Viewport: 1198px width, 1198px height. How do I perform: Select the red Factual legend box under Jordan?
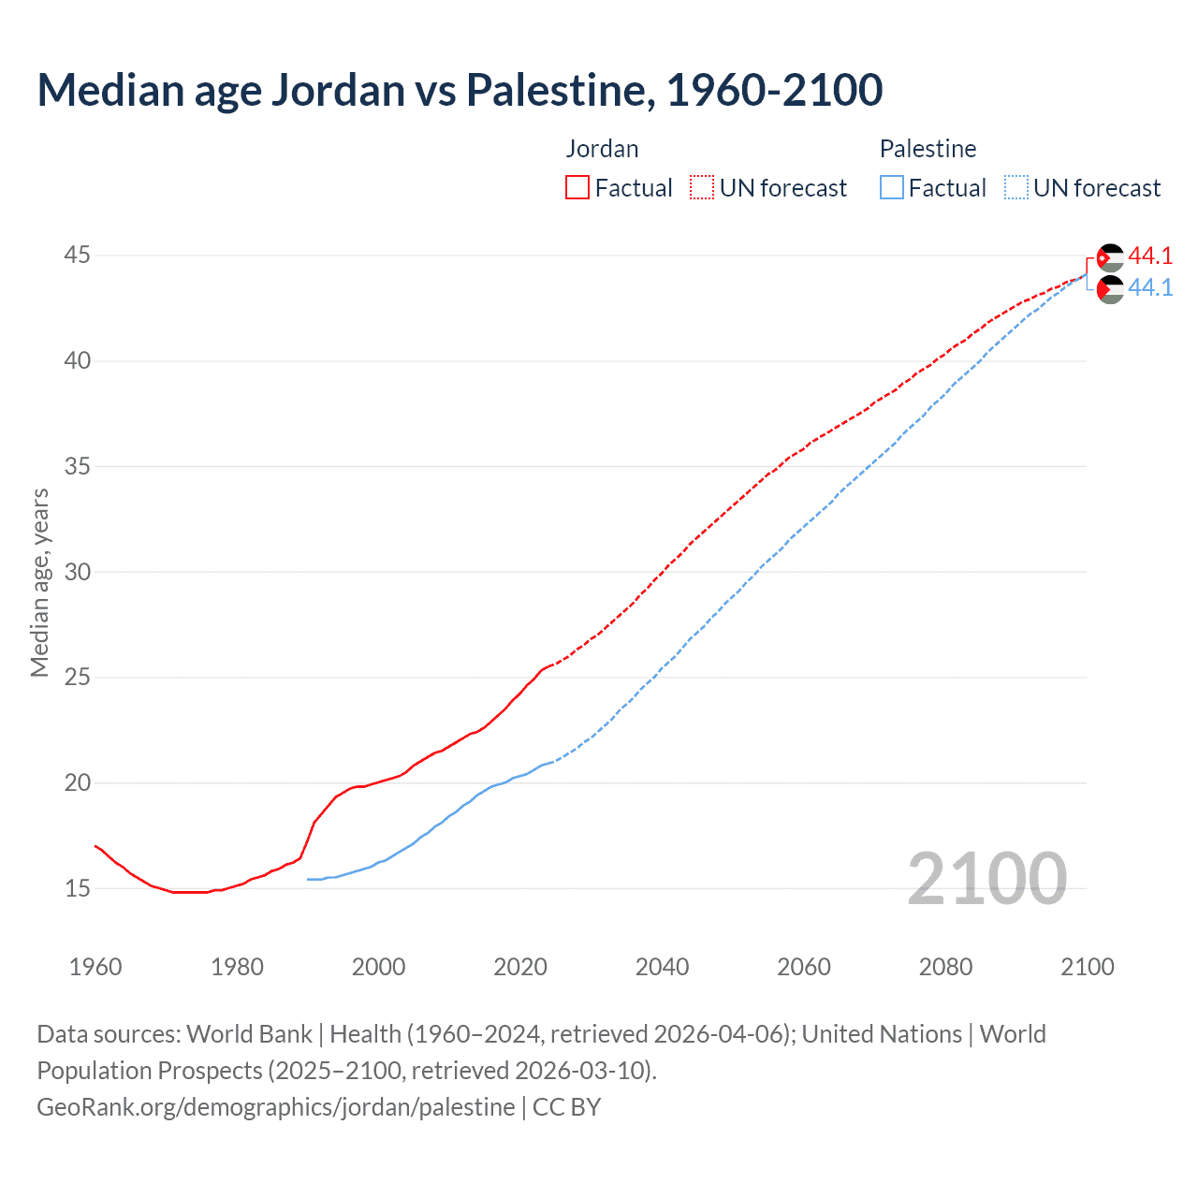click(577, 187)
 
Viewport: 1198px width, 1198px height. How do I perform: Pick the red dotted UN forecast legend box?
click(702, 187)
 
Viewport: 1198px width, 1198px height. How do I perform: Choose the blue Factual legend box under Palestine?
click(892, 187)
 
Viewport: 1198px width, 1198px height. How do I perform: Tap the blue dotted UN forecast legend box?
click(1016, 187)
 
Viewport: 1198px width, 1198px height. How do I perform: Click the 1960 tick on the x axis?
click(95, 967)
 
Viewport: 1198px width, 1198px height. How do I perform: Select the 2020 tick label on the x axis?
click(520, 967)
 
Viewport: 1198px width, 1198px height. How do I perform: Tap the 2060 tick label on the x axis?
click(804, 967)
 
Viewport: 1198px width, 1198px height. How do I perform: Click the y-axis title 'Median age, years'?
click(39, 582)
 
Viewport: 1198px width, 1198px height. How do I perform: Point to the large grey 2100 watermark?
click(986, 879)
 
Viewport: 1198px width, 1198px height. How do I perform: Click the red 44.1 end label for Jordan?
click(1150, 256)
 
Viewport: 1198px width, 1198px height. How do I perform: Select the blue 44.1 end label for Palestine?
click(1150, 288)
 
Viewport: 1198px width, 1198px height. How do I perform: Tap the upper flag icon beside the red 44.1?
click(1110, 257)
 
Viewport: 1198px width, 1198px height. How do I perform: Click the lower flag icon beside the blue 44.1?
click(1110, 289)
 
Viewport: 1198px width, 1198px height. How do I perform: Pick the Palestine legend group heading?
click(928, 149)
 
